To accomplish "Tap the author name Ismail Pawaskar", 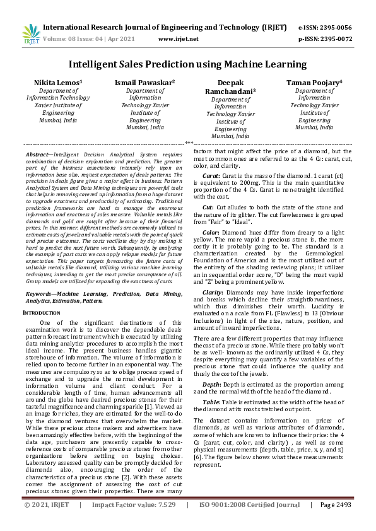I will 145,83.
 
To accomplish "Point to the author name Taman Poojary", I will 314,83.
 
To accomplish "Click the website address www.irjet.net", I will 178,39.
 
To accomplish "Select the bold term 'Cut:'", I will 208,207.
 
